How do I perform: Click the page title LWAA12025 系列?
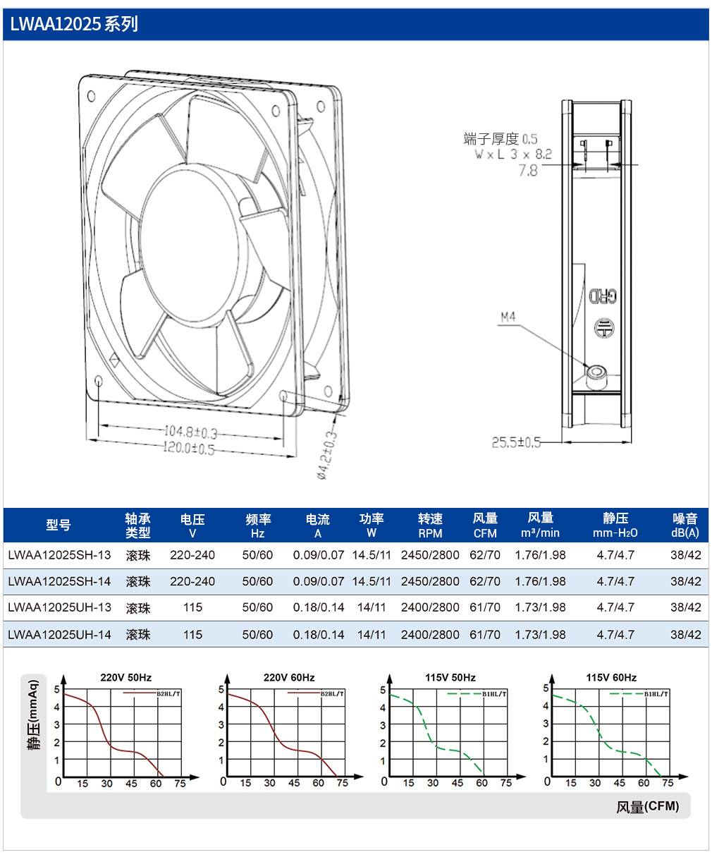point(74,24)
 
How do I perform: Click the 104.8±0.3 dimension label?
point(191,432)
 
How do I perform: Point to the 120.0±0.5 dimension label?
point(189,448)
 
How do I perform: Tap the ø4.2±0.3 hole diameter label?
point(327,455)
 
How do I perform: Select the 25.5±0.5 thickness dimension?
point(516,442)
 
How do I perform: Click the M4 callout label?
point(508,317)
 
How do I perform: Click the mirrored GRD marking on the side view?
point(603,296)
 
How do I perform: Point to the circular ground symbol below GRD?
point(604,327)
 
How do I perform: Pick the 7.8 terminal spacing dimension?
point(528,170)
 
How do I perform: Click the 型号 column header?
point(59,525)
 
